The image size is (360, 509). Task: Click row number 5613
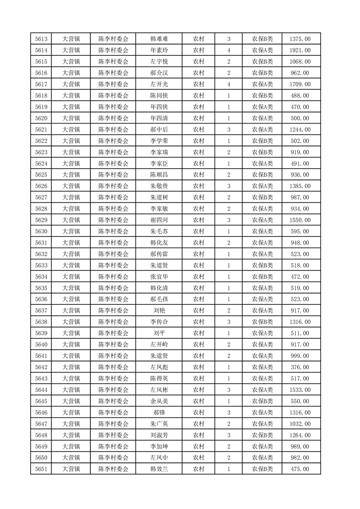click(41, 39)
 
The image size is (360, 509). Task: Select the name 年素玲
click(159, 50)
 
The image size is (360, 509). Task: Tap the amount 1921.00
click(300, 50)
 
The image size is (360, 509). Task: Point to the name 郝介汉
click(159, 73)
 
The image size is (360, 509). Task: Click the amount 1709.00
click(300, 84)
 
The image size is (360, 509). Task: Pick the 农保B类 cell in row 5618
click(262, 96)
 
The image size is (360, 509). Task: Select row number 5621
click(41, 130)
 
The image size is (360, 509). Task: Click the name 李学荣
click(159, 141)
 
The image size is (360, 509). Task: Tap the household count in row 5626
click(228, 186)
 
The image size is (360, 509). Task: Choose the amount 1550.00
click(300, 220)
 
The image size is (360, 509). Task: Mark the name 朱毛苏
click(159, 231)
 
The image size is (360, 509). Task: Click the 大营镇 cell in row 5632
click(71, 254)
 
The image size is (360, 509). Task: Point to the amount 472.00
click(300, 277)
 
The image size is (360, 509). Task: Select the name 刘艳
click(159, 311)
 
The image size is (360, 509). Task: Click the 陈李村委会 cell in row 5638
click(113, 322)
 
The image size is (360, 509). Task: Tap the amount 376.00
click(300, 367)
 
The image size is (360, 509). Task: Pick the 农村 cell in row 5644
click(198, 390)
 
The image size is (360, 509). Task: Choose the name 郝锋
click(159, 412)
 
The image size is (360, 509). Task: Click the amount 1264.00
click(300, 435)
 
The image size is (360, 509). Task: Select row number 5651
click(41, 469)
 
